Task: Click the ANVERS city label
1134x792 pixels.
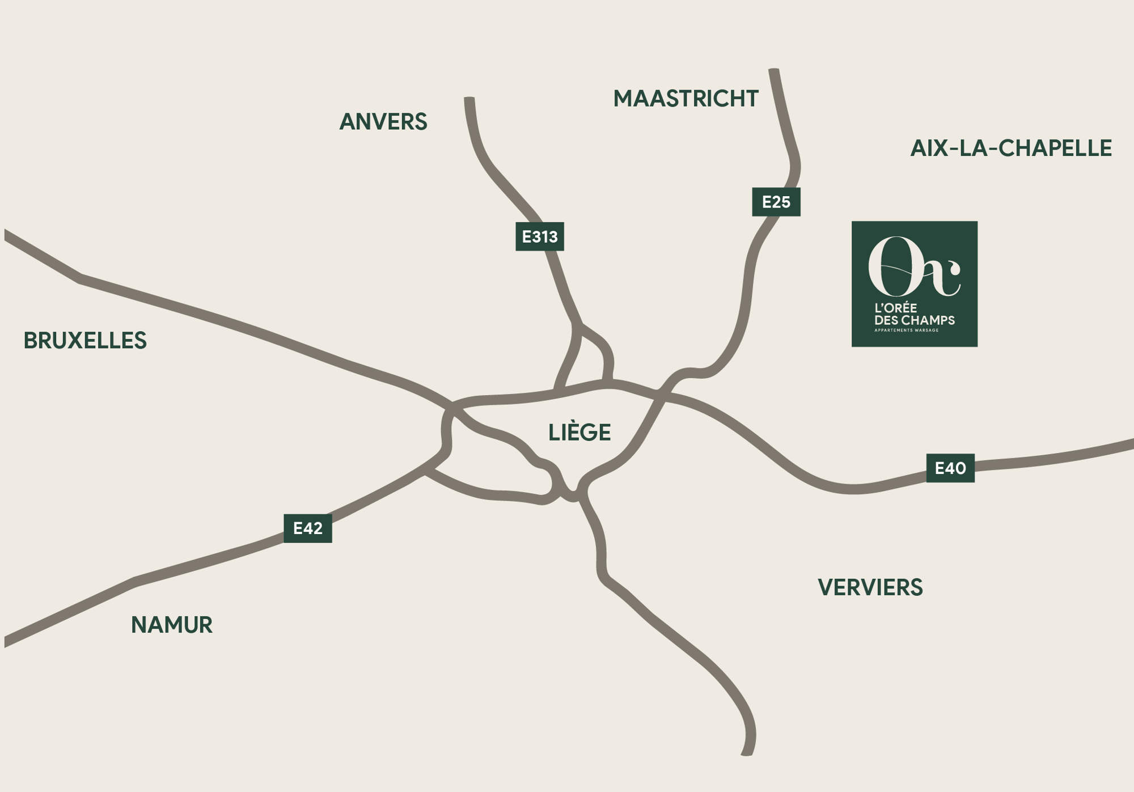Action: tap(383, 122)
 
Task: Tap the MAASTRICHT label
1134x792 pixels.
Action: tap(686, 99)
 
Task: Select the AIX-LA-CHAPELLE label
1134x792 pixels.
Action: tap(1010, 148)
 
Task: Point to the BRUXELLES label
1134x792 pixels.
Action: tap(85, 341)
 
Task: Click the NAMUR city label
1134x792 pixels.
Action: tap(172, 625)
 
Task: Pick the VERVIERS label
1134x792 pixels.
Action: tap(870, 587)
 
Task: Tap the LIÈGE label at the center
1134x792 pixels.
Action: tap(579, 433)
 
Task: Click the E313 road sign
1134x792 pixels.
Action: tap(540, 236)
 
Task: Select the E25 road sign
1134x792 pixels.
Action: tap(776, 202)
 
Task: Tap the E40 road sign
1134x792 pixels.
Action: tap(950, 468)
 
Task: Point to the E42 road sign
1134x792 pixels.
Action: tap(308, 528)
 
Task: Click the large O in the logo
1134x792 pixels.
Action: tap(891, 266)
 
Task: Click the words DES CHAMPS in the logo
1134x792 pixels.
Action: tap(915, 320)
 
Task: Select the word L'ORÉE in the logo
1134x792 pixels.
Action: tap(896, 308)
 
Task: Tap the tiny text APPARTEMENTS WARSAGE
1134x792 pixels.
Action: tap(906, 330)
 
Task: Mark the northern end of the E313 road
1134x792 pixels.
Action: tap(469, 101)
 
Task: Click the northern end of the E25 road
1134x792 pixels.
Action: tap(774, 72)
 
